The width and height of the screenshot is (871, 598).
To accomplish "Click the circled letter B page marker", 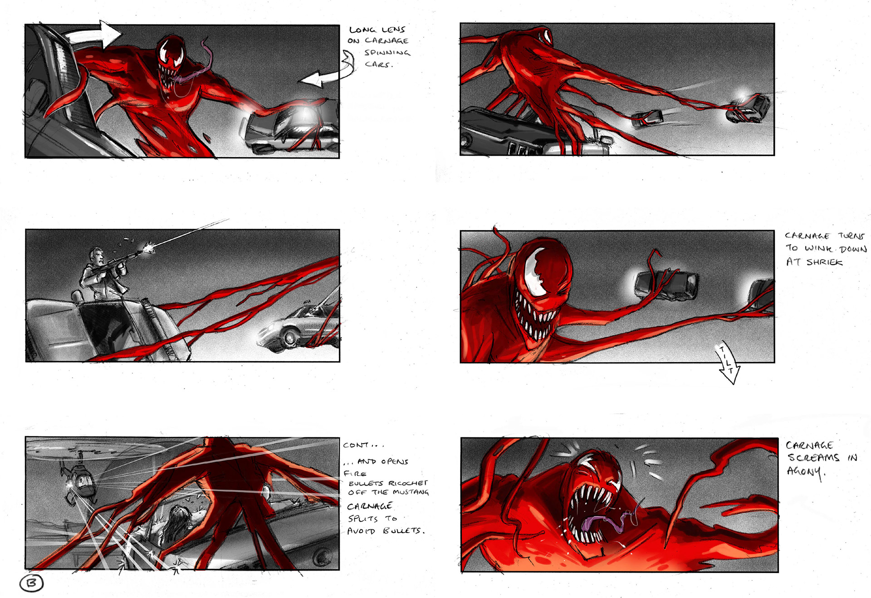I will pyautogui.click(x=32, y=583).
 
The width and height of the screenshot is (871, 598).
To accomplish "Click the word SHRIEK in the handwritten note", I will pyautogui.click(x=824, y=262).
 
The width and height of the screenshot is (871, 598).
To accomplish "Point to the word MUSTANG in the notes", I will pyautogui.click(x=411, y=492).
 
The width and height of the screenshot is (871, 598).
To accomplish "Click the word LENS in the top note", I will pyautogui.click(x=393, y=29).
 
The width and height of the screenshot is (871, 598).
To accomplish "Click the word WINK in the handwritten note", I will pyautogui.click(x=819, y=249).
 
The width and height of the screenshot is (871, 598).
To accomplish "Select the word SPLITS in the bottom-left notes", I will pyautogui.click(x=363, y=519).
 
